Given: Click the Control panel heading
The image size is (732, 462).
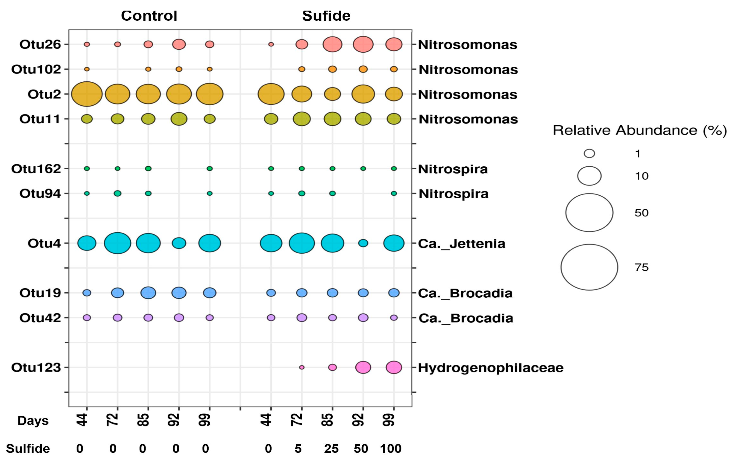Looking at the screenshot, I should click(x=149, y=16).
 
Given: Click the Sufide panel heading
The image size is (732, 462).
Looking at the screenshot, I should click(x=326, y=16).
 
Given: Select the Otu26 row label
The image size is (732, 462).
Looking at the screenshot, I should click(x=40, y=44).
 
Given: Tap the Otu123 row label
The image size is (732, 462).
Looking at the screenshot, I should click(x=36, y=367).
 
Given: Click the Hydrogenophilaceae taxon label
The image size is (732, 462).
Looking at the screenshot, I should click(x=491, y=368).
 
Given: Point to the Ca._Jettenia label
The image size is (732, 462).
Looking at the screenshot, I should click(x=461, y=244).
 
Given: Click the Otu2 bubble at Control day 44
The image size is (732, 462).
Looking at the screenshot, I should click(x=87, y=94).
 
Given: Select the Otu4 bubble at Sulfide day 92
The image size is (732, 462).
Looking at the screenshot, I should click(x=363, y=243).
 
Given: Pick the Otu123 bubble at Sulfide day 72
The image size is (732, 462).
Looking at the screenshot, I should click(x=302, y=367).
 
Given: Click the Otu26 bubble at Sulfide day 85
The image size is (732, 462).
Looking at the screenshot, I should click(x=332, y=44).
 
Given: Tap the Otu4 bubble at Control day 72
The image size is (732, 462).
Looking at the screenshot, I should click(x=117, y=243).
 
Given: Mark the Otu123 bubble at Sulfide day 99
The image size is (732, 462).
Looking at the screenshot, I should click(x=394, y=367).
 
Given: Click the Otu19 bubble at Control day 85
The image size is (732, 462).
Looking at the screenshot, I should click(x=148, y=293).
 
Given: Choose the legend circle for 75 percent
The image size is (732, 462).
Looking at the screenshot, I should click(x=589, y=267).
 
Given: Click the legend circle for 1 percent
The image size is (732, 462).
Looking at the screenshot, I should click(x=589, y=153).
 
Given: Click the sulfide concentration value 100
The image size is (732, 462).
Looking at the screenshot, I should click(x=391, y=449).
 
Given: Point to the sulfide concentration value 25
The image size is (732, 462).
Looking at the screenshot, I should click(x=331, y=449).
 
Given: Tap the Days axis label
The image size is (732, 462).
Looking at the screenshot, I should click(x=33, y=421).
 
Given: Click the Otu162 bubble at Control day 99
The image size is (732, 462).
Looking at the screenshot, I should click(x=209, y=168).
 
